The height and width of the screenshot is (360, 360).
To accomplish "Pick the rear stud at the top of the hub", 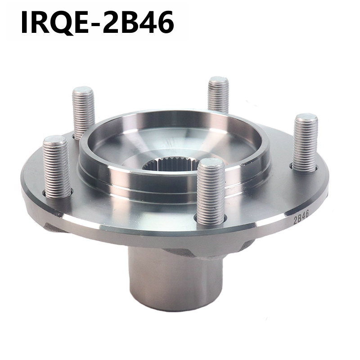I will click(218, 94).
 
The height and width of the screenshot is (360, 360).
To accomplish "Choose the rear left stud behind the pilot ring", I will click(84, 112).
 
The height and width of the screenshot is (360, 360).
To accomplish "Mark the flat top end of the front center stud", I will click(211, 162).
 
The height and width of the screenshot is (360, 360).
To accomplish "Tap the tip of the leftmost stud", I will click(56, 140).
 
